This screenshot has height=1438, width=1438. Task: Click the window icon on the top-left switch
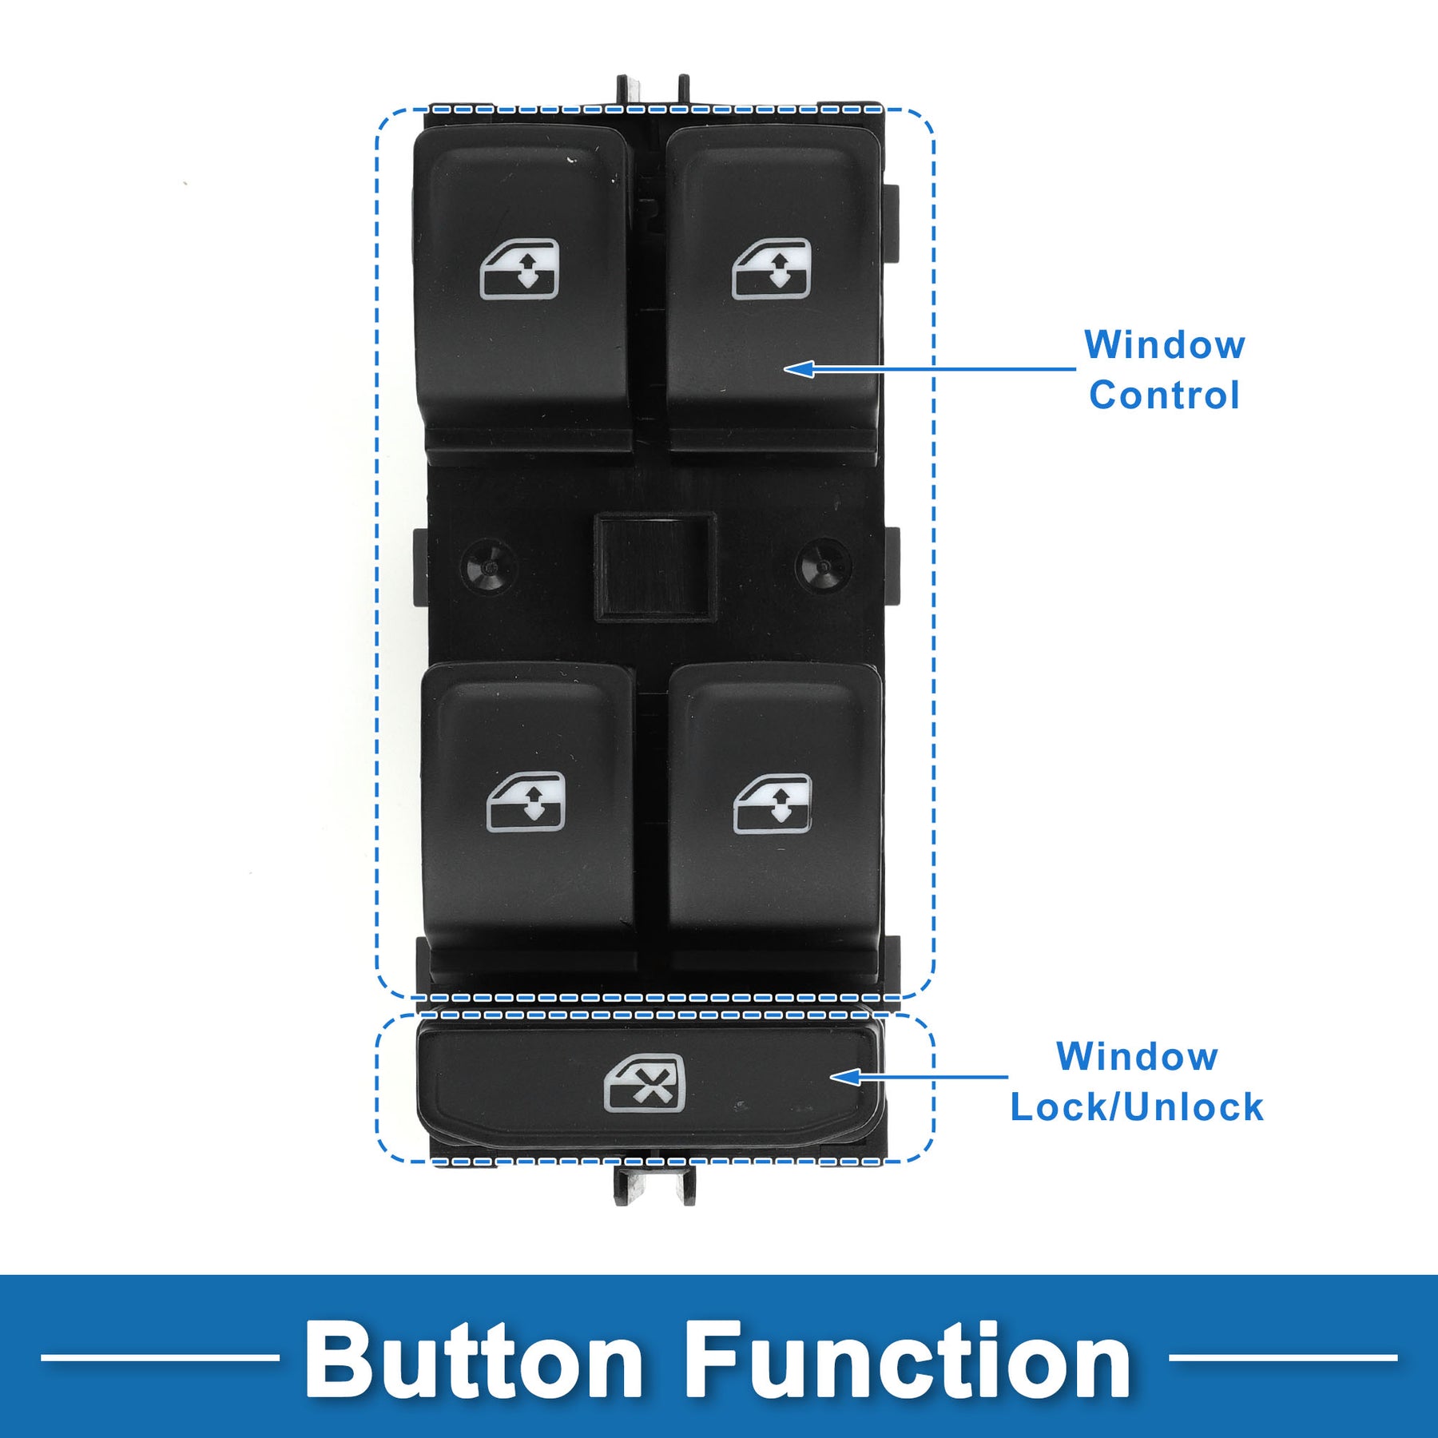click(x=519, y=269)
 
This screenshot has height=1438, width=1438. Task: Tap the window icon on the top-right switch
click(x=772, y=269)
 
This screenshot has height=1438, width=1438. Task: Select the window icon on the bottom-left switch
click(x=526, y=801)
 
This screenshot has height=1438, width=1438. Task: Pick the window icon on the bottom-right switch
click(x=773, y=803)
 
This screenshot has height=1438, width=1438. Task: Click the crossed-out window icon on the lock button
click(x=645, y=1083)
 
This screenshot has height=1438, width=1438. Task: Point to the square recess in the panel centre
click(x=654, y=566)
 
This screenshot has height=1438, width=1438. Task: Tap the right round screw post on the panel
click(x=823, y=566)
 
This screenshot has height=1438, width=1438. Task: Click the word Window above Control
click(x=1164, y=345)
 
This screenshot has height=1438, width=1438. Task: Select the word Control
click(x=1164, y=395)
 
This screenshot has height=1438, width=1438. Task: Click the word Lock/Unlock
click(x=1137, y=1107)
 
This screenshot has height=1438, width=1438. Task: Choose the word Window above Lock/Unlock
click(x=1137, y=1056)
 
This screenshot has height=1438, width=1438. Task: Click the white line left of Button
click(x=160, y=1357)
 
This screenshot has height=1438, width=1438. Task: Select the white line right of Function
click(x=1283, y=1357)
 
